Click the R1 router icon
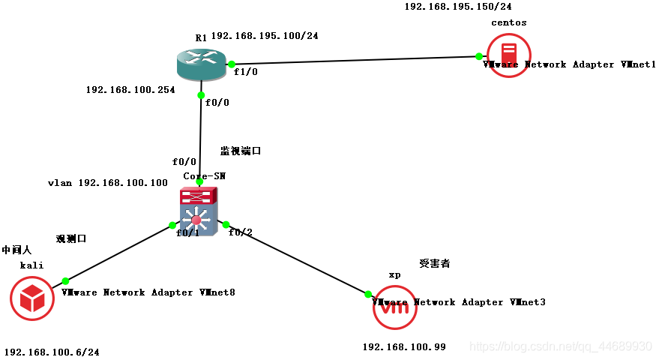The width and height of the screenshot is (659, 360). pos(201,64)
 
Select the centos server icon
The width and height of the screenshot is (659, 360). pos(508,55)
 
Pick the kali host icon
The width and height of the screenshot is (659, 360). pos(32,298)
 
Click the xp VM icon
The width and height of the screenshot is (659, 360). pos(394,306)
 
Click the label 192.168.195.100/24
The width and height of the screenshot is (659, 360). pos(265,35)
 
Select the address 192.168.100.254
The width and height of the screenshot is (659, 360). pos(130,90)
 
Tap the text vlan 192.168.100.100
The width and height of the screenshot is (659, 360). pos(108,182)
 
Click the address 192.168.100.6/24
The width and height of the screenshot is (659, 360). pos(52,351)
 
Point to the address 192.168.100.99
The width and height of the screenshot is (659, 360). pos(404,346)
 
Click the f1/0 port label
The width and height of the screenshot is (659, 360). pos(246,73)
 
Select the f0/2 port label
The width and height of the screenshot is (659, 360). pos(241,232)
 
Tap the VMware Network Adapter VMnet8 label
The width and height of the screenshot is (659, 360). pos(148,292)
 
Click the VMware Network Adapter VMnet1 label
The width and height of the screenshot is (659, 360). pos(570,64)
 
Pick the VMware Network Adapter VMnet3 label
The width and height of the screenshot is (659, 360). pos(459,301)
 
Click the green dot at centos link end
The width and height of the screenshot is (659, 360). pos(478,56)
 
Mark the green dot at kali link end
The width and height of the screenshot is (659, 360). pos(65,280)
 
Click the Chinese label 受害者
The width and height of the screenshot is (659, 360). pos(434,263)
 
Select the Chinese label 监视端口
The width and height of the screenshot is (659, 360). pos(241,151)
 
